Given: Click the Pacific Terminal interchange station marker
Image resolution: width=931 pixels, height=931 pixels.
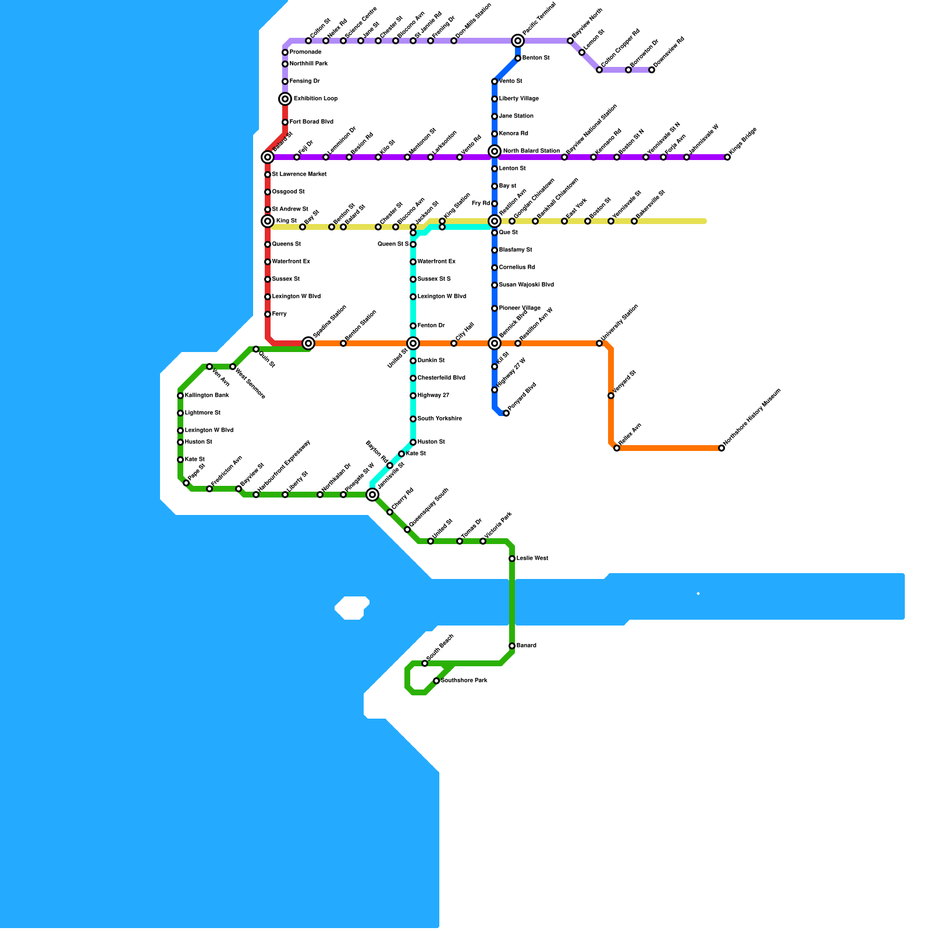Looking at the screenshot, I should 518,41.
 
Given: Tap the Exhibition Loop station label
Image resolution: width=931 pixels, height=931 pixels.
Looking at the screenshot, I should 315,99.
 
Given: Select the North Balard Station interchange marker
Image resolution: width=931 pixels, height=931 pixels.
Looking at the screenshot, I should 495,151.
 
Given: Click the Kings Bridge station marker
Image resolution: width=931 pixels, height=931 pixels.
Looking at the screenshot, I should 727,157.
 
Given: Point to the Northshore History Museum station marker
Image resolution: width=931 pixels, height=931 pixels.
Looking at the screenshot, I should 722,448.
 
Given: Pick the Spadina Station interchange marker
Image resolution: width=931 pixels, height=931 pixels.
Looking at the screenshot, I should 308,343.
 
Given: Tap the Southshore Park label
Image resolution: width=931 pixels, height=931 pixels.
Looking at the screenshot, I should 464,681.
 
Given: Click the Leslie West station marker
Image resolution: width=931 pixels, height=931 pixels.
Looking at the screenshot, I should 512,559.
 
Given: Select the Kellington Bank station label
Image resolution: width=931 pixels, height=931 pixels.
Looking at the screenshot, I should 207,396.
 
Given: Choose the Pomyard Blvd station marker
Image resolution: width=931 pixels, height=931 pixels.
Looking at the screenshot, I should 506,413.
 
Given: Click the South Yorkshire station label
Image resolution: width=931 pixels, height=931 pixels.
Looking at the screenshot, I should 439,419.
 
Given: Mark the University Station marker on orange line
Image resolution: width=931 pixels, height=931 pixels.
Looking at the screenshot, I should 599,343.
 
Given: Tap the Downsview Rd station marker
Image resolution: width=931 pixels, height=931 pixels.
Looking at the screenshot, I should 652,70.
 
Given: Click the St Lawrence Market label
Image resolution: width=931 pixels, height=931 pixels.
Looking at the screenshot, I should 299,175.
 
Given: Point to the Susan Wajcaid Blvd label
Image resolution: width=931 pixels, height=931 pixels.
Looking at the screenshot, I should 526,285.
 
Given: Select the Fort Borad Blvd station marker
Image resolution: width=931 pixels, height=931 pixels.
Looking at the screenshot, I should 285,122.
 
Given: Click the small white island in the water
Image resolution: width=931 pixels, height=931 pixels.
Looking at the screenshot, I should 352,608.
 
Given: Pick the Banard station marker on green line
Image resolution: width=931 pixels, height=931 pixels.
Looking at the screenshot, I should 512,646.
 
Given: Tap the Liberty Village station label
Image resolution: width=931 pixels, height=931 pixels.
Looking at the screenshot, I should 518,99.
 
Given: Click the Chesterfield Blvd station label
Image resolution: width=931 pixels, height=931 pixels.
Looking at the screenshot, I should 441,378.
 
